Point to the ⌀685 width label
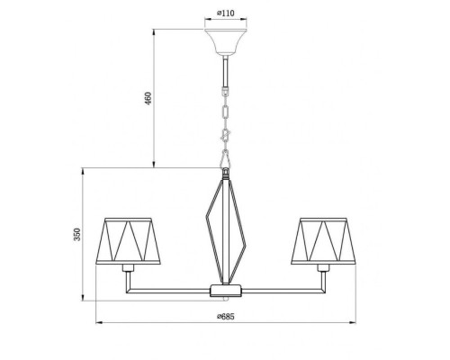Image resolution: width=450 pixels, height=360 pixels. pos(225,316)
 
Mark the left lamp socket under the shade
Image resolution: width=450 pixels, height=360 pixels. pos(131,269)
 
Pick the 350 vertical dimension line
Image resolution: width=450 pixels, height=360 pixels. pos(85,270)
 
